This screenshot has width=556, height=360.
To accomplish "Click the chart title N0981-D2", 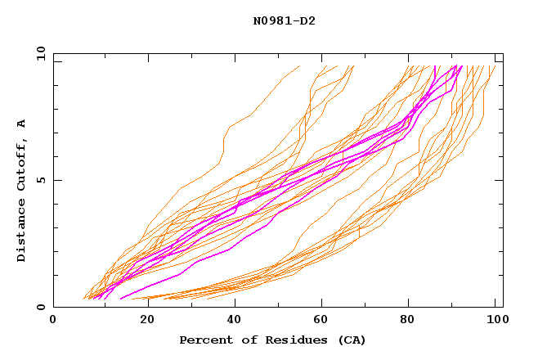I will (x=284, y=20).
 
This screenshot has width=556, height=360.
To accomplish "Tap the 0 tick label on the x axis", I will (x=53, y=321).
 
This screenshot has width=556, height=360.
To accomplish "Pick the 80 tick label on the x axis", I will (x=411, y=321).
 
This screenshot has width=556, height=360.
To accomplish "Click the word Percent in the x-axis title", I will (x=204, y=340).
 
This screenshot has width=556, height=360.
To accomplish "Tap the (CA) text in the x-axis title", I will (x=349, y=340).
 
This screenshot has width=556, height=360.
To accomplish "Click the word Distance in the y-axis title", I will (x=22, y=233).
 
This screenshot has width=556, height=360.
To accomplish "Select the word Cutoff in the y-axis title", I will (x=22, y=163).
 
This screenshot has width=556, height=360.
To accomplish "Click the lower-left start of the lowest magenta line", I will (x=121, y=299).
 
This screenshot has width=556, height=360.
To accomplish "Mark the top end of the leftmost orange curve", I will (x=300, y=65).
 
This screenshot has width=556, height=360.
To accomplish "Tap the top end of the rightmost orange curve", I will (x=495, y=65).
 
